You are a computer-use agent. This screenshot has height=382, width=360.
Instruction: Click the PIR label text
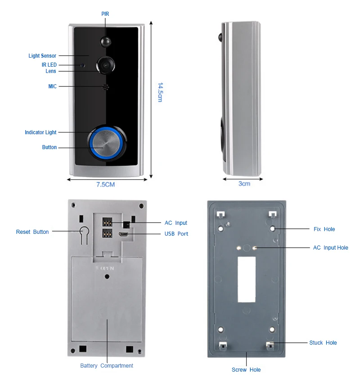[x=105, y=14]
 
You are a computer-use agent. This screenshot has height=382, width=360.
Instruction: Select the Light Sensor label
[x=42, y=56]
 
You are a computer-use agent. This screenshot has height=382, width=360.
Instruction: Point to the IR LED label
[x=49, y=65]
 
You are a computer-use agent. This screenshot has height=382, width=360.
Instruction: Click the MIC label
[x=53, y=86]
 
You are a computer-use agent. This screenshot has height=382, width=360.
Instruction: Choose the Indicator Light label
[x=40, y=132]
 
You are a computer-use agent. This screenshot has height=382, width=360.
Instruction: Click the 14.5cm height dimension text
[x=160, y=92]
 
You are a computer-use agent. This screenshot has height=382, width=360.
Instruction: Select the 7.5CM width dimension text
[x=106, y=184]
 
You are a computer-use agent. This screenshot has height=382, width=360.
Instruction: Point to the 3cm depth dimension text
[x=244, y=183]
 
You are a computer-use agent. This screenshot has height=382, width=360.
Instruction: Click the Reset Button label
[x=32, y=232]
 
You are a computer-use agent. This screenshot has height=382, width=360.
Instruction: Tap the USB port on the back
[x=122, y=235]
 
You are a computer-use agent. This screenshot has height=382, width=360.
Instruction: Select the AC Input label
[x=175, y=223]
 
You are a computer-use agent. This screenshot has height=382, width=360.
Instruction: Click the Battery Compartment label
[x=107, y=366]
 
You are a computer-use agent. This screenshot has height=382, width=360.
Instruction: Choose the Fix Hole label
[x=324, y=229]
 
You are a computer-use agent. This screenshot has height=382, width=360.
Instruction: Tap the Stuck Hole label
[x=323, y=343]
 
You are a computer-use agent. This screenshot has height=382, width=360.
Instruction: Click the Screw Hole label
[x=246, y=370]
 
